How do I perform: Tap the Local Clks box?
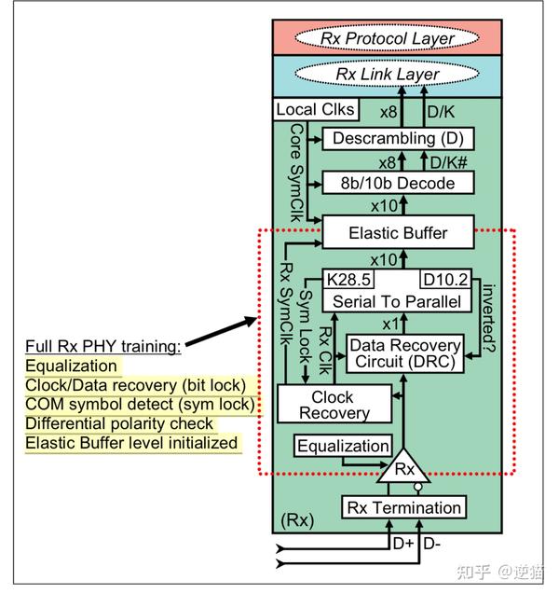pos(316,110)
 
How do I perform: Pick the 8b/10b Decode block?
pos(398,183)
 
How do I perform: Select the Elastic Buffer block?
pos(398,233)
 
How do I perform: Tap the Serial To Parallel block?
pos(398,301)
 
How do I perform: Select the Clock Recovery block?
pos(326,405)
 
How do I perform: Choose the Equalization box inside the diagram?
pos(344,447)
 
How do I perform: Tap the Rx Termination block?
pos(403,508)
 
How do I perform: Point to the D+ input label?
pos(403,544)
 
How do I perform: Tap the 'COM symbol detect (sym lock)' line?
pos(140,404)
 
